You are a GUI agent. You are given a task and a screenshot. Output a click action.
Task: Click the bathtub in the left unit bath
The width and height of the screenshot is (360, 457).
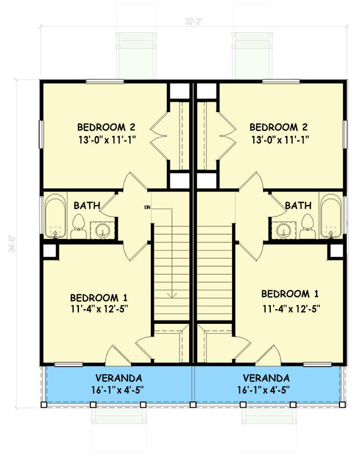point(56,217)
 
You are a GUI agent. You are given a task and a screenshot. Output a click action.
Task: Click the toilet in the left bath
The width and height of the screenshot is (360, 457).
point(79,227)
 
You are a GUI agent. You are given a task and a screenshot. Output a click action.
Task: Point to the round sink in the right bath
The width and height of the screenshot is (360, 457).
point(283,230)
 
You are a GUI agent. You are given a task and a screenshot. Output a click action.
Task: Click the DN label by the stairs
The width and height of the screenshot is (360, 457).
point(147,207)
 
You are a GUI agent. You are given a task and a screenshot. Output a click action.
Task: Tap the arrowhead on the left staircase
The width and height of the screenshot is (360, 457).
point(171,295)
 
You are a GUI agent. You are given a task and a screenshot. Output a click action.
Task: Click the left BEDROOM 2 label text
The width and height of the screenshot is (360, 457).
point(106,127)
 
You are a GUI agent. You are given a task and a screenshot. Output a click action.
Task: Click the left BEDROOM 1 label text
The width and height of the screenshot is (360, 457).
point(98,298)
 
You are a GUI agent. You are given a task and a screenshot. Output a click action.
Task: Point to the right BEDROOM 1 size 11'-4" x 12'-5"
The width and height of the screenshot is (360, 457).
point(290,309)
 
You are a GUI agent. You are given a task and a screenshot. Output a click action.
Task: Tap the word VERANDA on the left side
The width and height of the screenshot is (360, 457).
point(119,378)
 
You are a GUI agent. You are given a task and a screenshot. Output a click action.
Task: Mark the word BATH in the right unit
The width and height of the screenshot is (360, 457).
point(298,205)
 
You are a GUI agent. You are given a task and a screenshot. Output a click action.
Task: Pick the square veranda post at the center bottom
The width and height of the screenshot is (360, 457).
point(193,405)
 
